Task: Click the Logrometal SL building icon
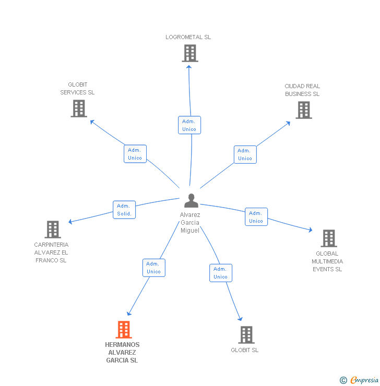pos(189,53)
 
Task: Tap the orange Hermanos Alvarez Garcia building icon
pos(123,330)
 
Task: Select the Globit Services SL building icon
pos(79,108)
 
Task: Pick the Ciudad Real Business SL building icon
pos(303,110)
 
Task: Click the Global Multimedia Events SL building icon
pos(328,238)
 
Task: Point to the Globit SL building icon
pos(246,335)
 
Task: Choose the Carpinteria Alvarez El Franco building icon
pos(52,230)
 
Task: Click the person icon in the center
pos(191,201)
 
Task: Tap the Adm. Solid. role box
pos(124,210)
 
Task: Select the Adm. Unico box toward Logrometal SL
pos(189,125)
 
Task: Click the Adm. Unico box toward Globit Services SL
pos(135,154)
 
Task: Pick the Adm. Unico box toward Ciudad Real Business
pos(245,154)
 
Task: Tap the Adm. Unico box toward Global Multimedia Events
pos(256,217)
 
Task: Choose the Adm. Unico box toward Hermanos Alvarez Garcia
pos(154,268)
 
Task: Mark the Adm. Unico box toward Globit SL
pos(221,273)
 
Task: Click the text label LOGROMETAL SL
pos(188,37)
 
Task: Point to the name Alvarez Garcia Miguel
pos(190,223)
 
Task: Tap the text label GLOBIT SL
pos(245,350)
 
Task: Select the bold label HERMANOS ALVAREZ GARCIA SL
pos(122,353)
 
